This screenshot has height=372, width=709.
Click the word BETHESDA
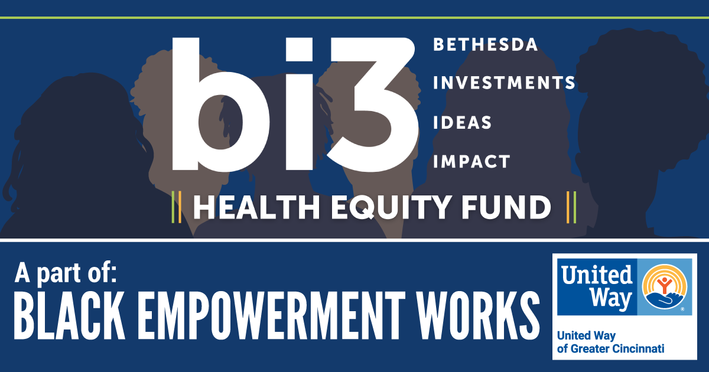(x=486, y=45)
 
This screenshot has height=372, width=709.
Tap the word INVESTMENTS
(x=504, y=83)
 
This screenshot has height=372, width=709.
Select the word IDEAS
(x=462, y=122)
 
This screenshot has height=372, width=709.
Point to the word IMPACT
(x=471, y=162)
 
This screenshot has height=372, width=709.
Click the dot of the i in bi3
(x=300, y=50)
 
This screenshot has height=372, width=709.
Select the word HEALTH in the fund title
(x=256, y=207)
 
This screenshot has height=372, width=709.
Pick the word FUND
(x=506, y=207)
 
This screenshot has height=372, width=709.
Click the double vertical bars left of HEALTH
(x=176, y=207)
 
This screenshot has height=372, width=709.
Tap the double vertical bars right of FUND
(x=571, y=207)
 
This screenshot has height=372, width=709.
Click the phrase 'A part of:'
(x=66, y=273)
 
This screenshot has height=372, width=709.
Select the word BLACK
(x=69, y=315)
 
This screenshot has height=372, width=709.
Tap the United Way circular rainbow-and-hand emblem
(x=665, y=286)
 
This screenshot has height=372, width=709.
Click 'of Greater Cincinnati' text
(x=610, y=349)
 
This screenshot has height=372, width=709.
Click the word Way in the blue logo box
(x=611, y=298)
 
